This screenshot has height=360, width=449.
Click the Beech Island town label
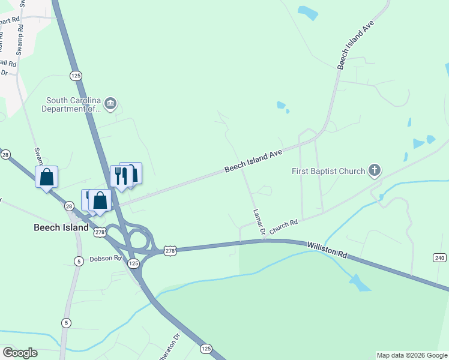(x=60, y=228)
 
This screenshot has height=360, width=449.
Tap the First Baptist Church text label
(x=328, y=171)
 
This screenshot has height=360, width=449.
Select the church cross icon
(x=375, y=171)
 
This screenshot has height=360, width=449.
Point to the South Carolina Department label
(x=71, y=104)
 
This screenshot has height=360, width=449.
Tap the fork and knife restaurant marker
(x=121, y=176)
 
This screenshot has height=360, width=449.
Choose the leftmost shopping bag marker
(x=47, y=178)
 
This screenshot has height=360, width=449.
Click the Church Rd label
(x=283, y=226)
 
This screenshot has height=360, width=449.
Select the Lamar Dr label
(x=259, y=222)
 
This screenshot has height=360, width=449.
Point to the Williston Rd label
(x=327, y=250)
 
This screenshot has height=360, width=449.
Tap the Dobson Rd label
(x=106, y=259)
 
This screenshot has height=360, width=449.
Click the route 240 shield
(x=439, y=257)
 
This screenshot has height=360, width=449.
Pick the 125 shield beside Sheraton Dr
(x=206, y=348)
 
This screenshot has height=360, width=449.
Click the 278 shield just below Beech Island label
(x=100, y=232)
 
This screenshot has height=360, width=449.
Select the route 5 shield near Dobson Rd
(x=78, y=260)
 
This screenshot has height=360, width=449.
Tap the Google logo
(x=20, y=353)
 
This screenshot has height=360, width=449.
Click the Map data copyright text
(x=412, y=355)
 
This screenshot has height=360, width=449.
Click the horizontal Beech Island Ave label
(x=253, y=161)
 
